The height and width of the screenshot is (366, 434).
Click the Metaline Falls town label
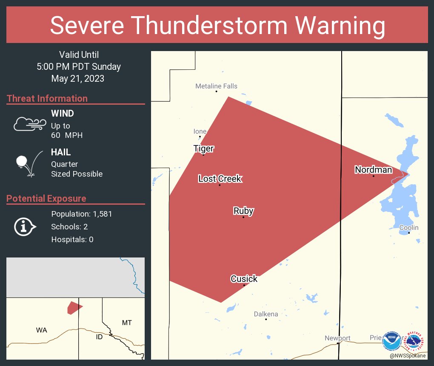coord(216,86)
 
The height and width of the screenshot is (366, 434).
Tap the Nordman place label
coord(373,170)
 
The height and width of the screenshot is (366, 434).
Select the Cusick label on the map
coord(244,279)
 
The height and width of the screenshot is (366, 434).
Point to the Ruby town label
coord(243,211)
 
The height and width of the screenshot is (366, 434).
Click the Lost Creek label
coord(220,179)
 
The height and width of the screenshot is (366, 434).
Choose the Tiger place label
coord(203,149)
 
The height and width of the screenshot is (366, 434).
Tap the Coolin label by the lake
coord(408,228)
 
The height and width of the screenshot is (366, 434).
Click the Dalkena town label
coord(266,314)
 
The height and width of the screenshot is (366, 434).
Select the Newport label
coord(337,338)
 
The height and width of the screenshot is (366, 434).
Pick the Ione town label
coord(200,131)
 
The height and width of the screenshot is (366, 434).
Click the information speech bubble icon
coord(25,226)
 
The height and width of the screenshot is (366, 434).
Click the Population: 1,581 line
coord(81,214)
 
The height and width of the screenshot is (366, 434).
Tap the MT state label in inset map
coord(127,323)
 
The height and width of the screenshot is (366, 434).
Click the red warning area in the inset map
coord(74,308)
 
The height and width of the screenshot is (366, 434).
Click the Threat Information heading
coord(47,98)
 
